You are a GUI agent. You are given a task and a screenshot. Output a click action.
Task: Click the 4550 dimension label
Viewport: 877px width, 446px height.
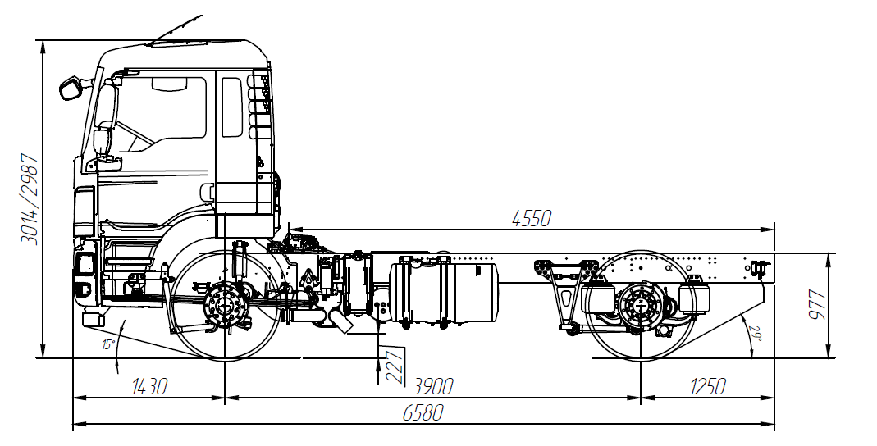pos(531,219)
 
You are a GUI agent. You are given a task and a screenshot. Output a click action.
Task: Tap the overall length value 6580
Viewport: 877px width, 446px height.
pos(423,412)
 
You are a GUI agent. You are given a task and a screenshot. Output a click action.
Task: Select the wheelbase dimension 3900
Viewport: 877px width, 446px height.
pos(433,386)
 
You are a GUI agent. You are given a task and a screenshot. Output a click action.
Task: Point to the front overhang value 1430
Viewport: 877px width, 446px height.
pos(148,386)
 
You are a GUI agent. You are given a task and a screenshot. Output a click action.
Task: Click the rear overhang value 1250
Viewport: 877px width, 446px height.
pos(707,386)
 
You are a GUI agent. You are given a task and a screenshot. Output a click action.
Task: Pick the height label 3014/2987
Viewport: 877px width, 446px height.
pos(29,198)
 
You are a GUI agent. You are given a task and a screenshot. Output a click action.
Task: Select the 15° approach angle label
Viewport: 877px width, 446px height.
pos(108,344)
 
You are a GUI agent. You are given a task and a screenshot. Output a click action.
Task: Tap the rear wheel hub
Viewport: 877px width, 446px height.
pos(640,306)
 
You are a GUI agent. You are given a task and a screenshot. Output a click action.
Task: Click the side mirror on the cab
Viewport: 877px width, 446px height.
pos(71,89)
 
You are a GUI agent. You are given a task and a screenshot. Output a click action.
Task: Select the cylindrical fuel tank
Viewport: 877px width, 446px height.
pos(444,293)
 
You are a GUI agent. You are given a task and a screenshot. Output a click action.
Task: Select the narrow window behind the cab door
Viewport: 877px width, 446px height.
pos(231,107)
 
